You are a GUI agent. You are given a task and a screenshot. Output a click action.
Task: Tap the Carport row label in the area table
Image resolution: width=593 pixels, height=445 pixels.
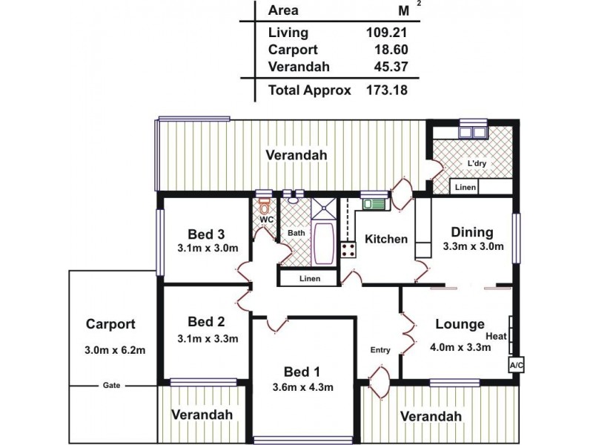tap(293, 50)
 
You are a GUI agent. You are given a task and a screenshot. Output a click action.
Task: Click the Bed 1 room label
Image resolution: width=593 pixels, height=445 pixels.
tap(302, 372)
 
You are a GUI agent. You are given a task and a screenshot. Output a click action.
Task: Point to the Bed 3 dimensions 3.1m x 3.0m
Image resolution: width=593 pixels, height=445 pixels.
tap(208, 248)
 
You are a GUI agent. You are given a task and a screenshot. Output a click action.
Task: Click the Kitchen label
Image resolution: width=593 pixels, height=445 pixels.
tap(387, 239)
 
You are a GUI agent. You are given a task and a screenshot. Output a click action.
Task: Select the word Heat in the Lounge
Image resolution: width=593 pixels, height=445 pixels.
tap(496, 336)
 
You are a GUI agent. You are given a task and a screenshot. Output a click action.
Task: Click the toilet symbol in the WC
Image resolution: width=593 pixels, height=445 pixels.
tap(264, 205)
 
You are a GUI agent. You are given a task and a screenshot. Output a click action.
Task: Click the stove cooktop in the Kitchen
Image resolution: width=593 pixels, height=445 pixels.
tap(348, 249)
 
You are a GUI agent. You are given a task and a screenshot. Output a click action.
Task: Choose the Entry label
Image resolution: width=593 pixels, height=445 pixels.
tap(380, 350)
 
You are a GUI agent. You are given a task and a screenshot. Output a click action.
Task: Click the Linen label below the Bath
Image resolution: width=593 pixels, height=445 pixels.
tap(309, 279)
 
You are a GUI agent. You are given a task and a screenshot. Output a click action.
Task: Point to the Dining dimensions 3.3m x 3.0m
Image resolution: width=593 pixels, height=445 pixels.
tap(473, 247)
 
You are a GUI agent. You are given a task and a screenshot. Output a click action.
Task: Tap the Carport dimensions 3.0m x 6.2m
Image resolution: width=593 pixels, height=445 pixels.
tap(115, 350)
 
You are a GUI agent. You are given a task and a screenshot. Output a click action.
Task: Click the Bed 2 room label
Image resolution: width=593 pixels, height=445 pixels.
tap(206, 322)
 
